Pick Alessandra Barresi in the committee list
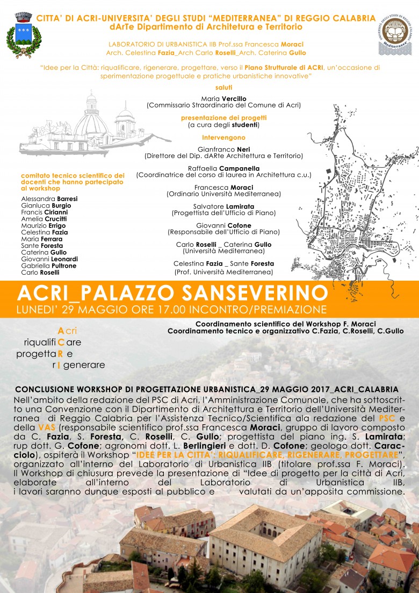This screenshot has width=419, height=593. click(x=41, y=199)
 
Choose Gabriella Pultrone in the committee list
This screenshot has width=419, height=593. click(x=48, y=266)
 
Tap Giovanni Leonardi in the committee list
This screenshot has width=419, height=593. click(x=49, y=259)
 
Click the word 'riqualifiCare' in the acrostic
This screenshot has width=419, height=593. click(x=53, y=342)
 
